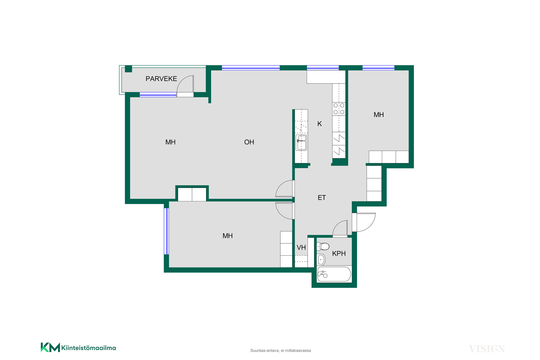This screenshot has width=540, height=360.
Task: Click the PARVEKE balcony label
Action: (161, 79)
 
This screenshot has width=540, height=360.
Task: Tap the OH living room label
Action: (249, 142)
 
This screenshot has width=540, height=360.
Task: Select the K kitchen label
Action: (319, 124)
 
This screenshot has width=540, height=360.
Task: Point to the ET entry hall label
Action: (322, 198)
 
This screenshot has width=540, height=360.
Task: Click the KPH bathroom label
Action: (339, 253)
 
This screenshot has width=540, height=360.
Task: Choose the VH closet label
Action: (301, 247)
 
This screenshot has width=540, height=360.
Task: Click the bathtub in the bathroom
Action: (334, 274)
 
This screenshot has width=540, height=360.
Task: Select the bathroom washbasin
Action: (321, 260)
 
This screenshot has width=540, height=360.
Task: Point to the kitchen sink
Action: (301, 143)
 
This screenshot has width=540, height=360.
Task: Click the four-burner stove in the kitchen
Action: (339, 109)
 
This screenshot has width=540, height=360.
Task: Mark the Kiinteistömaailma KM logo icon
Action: (50, 347)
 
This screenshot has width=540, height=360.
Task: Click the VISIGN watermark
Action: (487, 349)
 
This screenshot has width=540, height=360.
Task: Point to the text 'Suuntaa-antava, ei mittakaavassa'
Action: (281, 350)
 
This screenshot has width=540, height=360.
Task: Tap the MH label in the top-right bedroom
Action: (379, 115)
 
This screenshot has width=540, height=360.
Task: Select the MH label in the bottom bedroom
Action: (228, 236)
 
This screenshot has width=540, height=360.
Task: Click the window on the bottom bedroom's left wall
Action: (166, 231)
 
